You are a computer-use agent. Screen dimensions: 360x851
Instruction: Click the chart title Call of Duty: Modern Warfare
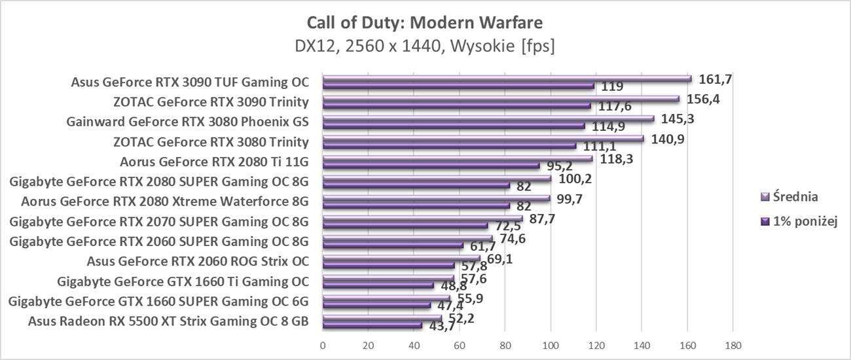(x=424, y=23)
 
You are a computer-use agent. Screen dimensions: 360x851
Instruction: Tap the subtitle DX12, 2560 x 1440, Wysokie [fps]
(x=424, y=46)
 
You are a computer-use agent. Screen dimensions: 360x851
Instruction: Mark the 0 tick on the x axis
(x=323, y=345)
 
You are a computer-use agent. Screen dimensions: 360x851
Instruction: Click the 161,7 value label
(x=715, y=79)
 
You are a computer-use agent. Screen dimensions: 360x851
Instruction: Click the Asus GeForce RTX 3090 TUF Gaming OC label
(x=190, y=82)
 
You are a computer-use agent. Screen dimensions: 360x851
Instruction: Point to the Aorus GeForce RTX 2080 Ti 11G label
(x=214, y=162)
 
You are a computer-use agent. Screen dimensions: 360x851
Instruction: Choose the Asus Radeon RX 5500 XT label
(x=168, y=321)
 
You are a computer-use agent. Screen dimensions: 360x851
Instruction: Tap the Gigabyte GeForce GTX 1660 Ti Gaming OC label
(x=183, y=282)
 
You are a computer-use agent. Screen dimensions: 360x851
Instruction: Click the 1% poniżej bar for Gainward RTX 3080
(x=454, y=126)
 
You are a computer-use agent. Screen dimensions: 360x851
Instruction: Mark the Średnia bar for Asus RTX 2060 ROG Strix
(x=401, y=258)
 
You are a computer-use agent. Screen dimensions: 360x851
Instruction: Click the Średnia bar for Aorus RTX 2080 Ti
(x=458, y=158)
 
